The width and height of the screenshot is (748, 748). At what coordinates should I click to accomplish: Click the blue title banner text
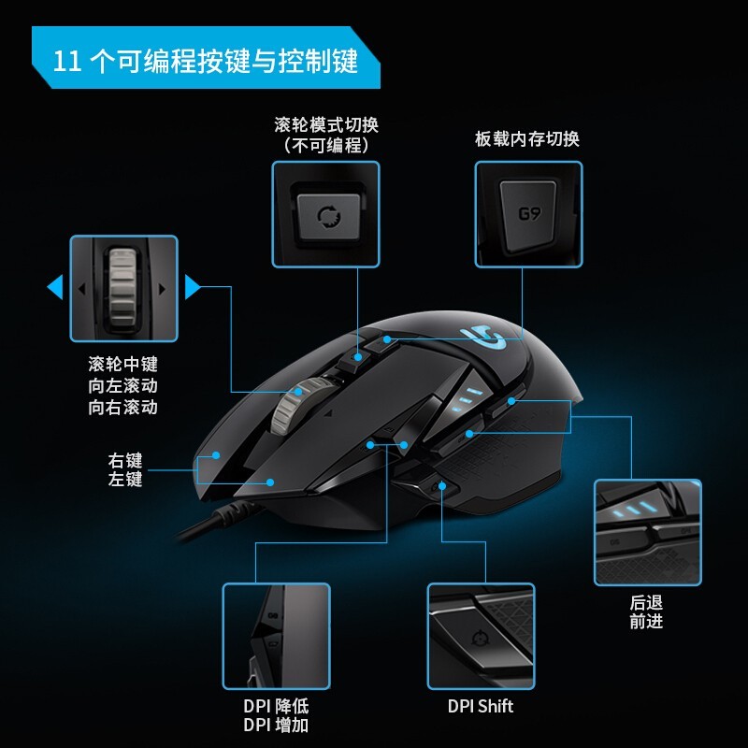tap(205, 61)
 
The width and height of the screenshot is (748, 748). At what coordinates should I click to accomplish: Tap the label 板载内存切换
tap(527, 138)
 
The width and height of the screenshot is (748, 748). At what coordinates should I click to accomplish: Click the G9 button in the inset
tap(528, 216)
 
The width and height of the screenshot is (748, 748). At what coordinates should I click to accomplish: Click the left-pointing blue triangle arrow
tap(55, 287)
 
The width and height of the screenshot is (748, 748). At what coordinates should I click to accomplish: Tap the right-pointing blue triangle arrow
tap(193, 287)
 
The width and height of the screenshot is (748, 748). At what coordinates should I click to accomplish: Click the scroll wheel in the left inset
tap(123, 288)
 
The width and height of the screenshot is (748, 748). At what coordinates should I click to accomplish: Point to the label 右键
tap(125, 460)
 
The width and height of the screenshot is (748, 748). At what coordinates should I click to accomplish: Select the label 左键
tap(125, 479)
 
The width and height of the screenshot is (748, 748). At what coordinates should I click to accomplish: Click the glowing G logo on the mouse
tap(482, 336)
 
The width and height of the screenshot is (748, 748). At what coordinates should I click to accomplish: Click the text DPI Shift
tap(481, 706)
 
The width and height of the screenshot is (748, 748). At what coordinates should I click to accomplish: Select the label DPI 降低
tap(276, 706)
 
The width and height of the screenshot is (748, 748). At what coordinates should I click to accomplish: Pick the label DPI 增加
tap(276, 725)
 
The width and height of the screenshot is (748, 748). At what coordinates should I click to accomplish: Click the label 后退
tap(646, 602)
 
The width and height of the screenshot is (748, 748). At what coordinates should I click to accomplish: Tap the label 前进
tap(646, 621)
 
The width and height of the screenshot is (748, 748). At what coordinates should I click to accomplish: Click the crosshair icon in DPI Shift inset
tap(479, 639)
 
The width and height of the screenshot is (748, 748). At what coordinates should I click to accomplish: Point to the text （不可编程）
tap(326, 145)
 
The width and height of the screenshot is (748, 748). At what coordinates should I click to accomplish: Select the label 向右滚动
tap(122, 407)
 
